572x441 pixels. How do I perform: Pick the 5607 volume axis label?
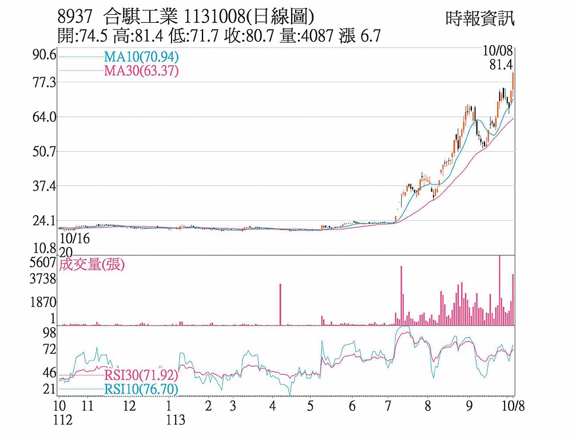[x=43, y=263]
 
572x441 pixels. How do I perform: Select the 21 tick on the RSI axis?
[x=49, y=390]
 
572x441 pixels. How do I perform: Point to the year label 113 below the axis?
[x=176, y=420]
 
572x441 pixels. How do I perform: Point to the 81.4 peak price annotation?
[x=500, y=65]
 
